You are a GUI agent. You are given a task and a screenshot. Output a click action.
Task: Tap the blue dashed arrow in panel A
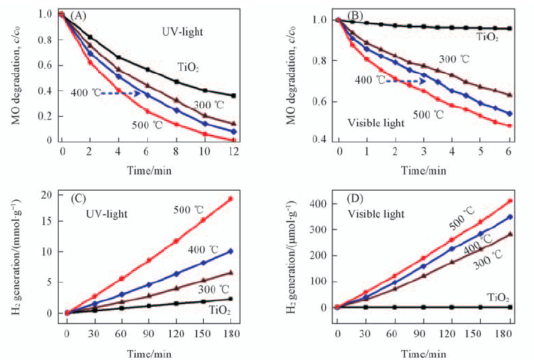pyautogui.click(x=118, y=93)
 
